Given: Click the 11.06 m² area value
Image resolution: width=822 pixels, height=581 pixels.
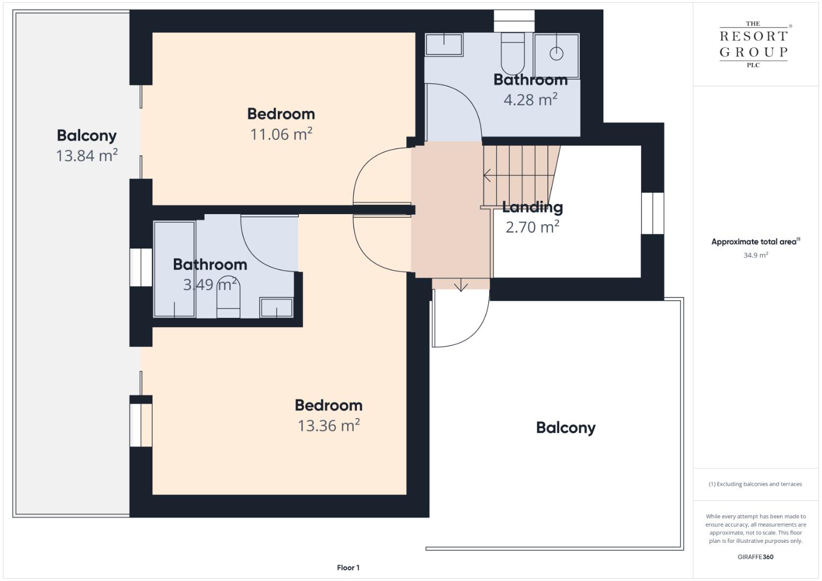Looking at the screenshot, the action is pos(281,134).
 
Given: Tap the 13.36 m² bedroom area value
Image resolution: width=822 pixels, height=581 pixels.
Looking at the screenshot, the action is pos(328,426).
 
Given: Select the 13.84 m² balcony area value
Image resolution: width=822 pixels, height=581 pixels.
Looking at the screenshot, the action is pos(87,155).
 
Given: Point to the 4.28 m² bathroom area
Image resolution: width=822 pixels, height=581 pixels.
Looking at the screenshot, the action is pos(530,100).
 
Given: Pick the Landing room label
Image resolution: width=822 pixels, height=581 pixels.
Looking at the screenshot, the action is pos(532,208).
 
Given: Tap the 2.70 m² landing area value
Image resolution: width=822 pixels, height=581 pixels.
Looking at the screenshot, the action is pos(532,227).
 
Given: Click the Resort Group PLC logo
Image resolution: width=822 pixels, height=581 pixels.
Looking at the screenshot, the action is pos(754,44).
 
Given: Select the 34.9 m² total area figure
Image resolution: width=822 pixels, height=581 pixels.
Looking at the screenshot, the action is pos(756,255).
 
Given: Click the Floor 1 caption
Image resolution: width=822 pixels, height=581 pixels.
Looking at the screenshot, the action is pos(348,568).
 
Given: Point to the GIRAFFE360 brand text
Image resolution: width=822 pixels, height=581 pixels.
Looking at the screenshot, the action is pos(756,557).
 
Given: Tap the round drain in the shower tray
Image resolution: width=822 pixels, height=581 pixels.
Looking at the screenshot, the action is pos(556,54).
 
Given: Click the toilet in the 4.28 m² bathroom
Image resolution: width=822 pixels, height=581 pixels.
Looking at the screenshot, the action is pos(512,54).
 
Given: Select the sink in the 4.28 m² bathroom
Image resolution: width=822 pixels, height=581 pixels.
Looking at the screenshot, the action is pos(444,44).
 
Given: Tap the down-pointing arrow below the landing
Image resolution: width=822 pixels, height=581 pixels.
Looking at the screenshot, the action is pos(461,285).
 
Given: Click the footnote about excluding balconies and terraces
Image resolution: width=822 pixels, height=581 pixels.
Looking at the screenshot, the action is pos(755,484).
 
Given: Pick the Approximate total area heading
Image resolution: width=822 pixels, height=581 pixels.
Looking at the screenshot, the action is pos(756,242).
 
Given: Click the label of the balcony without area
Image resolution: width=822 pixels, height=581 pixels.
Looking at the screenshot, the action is pos(565,428).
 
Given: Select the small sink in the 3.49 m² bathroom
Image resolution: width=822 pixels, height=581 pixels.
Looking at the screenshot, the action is pos(276,307).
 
